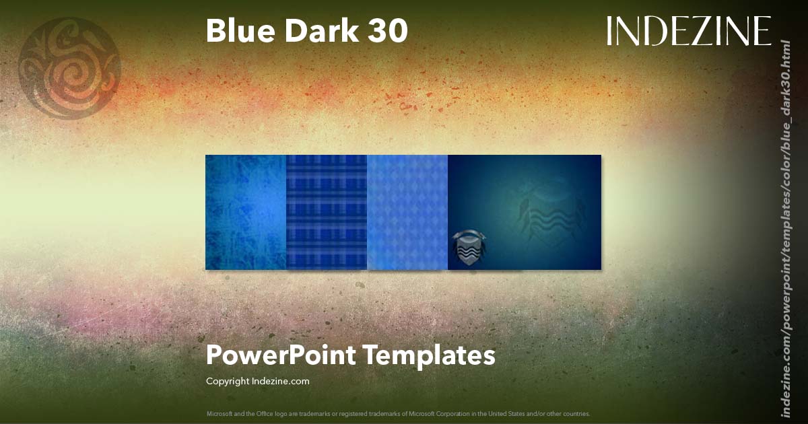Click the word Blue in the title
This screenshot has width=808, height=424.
pos(238,31)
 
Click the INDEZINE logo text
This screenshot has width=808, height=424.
pos(688,32)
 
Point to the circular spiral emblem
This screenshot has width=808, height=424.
pos(69,68)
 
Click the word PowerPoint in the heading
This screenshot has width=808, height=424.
pos(281,355)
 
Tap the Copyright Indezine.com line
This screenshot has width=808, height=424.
pos(257,381)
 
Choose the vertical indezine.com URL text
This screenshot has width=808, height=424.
pos(784,229)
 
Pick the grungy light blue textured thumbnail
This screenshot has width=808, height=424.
pos(246,212)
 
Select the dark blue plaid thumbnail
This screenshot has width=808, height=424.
pos(327,212)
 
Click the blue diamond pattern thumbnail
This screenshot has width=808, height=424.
pos(407,212)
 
